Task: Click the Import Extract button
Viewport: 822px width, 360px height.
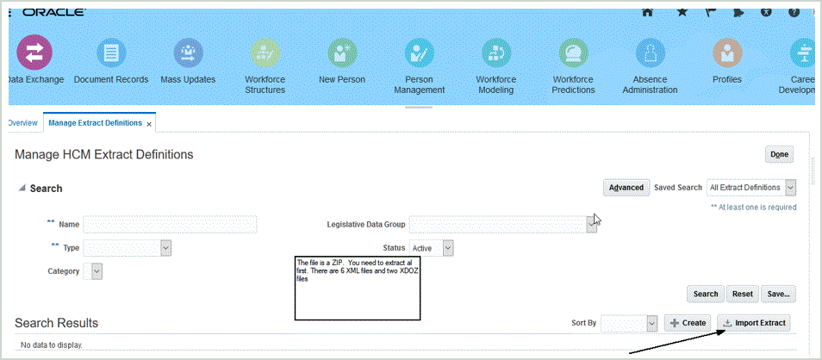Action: pyautogui.click(x=754, y=322)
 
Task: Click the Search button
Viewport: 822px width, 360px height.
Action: pyautogui.click(x=706, y=294)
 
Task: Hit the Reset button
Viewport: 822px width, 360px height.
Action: pyautogui.click(x=742, y=294)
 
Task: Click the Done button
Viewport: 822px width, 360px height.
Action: pyautogui.click(x=779, y=154)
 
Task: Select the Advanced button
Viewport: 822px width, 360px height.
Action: pyautogui.click(x=626, y=188)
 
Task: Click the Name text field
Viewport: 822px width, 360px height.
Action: pyautogui.click(x=170, y=225)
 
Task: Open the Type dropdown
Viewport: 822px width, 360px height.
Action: pyautogui.click(x=166, y=248)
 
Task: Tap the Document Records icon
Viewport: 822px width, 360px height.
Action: pyautogui.click(x=110, y=53)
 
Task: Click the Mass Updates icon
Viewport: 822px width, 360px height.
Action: pyautogui.click(x=188, y=53)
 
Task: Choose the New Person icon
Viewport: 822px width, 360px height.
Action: pyautogui.click(x=342, y=53)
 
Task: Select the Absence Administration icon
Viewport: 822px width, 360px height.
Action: pyautogui.click(x=650, y=53)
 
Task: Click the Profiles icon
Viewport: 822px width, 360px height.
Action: pyautogui.click(x=726, y=53)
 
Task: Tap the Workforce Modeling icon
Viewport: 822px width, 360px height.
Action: pyautogui.click(x=496, y=53)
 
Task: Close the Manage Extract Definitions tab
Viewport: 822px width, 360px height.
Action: pyautogui.click(x=149, y=124)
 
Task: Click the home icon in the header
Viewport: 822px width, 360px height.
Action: pyautogui.click(x=647, y=12)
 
